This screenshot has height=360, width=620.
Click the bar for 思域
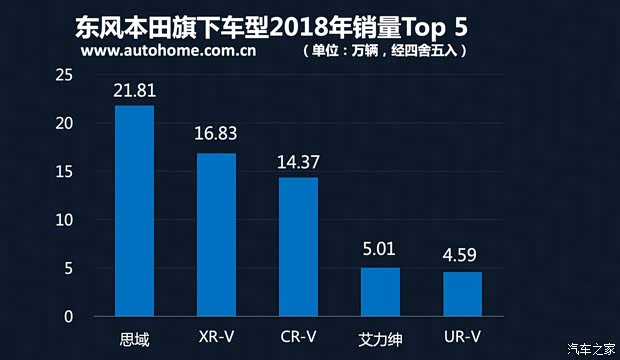click(134, 211)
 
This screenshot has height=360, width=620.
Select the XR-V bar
click(216, 235)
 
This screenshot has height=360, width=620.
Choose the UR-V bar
click(462, 294)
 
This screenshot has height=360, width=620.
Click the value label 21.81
click(134, 92)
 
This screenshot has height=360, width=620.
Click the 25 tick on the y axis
click(64, 76)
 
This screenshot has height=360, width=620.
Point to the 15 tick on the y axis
click(64, 172)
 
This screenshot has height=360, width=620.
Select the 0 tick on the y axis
click(69, 317)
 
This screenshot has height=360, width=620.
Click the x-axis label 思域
click(134, 338)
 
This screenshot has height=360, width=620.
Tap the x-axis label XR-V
click(216, 338)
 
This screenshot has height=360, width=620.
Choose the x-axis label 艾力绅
click(380, 338)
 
